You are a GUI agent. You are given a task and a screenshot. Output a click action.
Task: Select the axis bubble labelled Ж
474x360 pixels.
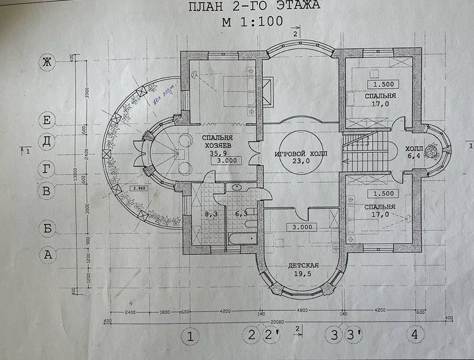coord(46,62)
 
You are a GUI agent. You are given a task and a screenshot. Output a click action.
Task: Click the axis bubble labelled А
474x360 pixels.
coord(46,254)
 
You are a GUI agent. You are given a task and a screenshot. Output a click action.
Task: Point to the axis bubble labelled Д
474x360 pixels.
coord(46,142)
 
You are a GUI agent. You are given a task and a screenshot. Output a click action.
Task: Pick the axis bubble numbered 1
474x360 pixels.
coord(191,337)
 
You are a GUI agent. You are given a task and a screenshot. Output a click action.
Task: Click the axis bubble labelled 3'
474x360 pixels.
coord(354,336)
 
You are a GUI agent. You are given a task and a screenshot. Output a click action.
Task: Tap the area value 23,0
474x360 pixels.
coord(301,163)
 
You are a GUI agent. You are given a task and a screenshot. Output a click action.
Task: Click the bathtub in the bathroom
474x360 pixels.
coord(239,239)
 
